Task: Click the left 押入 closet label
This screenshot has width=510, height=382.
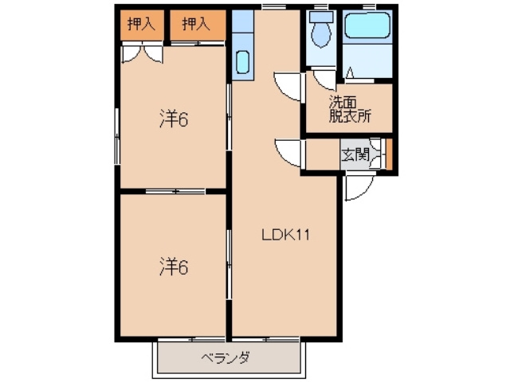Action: pyautogui.click(x=140, y=25)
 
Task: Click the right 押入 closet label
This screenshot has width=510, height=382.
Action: pyautogui.click(x=195, y=25)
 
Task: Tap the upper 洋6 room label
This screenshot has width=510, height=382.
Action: pyautogui.click(x=173, y=119)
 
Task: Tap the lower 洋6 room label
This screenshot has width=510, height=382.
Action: pyautogui.click(x=173, y=267)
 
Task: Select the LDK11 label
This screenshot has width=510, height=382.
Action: pyautogui.click(x=286, y=235)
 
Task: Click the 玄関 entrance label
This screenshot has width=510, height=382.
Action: pyautogui.click(x=355, y=155)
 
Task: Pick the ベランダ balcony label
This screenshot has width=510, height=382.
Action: pyautogui.click(x=226, y=358)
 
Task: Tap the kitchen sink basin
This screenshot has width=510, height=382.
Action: pyautogui.click(x=242, y=60)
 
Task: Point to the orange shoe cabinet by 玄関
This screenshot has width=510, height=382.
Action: pyautogui.click(x=390, y=155)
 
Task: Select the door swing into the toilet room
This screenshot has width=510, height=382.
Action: pyautogui.click(x=323, y=80)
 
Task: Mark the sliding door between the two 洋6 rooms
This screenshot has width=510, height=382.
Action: pyautogui.click(x=175, y=191)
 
